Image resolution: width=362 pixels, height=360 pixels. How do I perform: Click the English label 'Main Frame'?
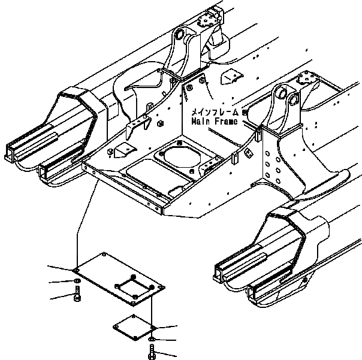[x=214, y=121]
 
